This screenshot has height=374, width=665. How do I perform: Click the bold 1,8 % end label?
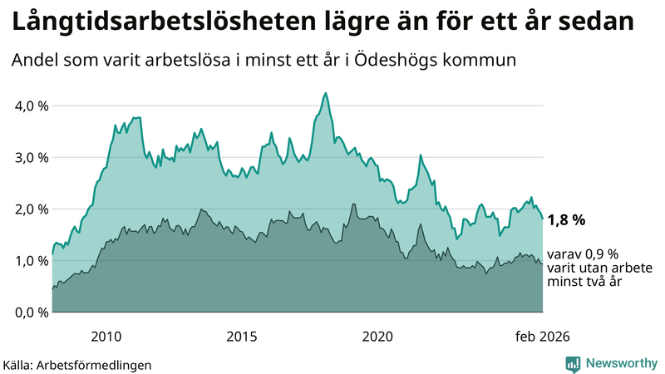tap(566, 220)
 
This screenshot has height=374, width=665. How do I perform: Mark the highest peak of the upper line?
tap(325, 93)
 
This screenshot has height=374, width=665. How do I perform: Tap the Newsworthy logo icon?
tap(573, 363)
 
